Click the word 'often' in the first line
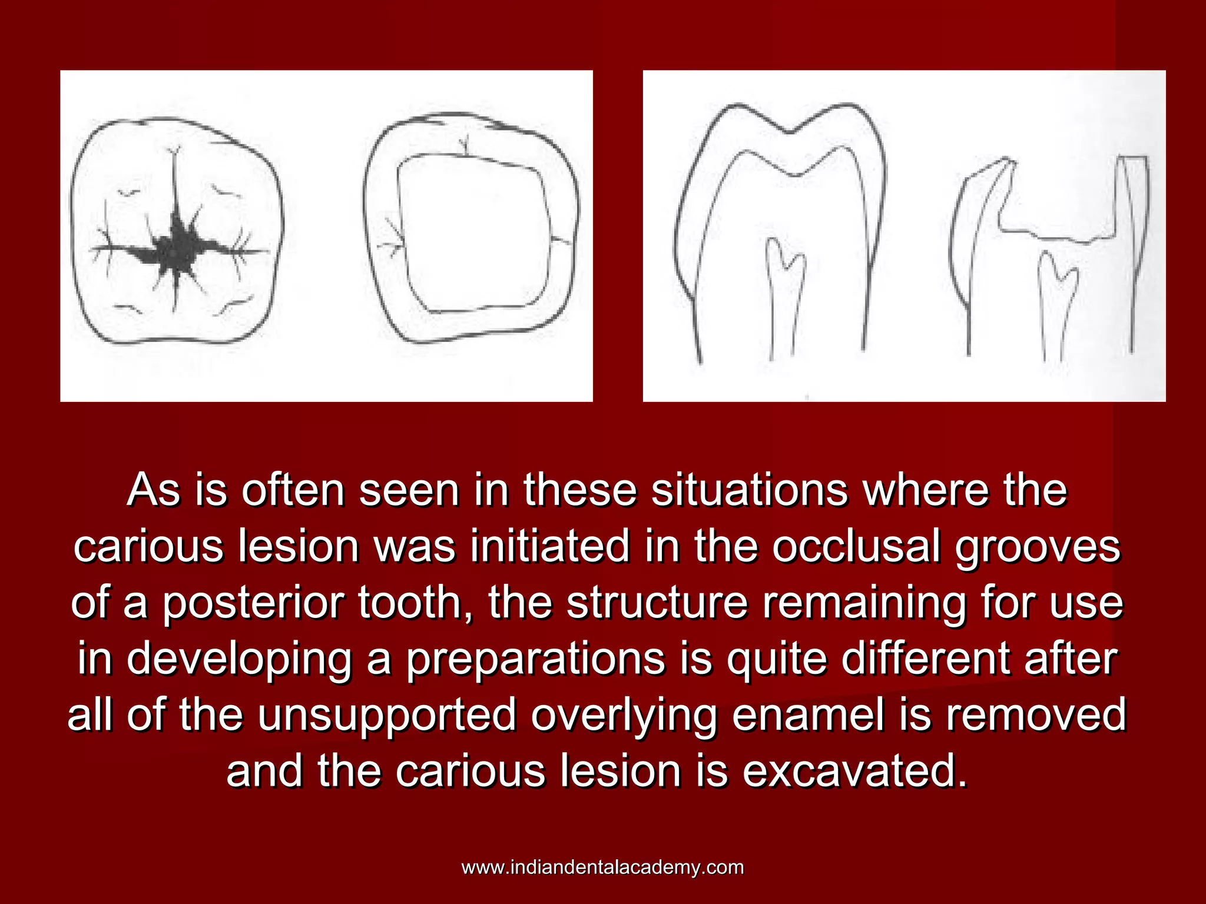(293, 490)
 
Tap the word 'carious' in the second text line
(148, 547)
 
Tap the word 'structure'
(657, 603)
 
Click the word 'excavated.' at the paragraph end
(854, 772)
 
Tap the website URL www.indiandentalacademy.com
(602, 868)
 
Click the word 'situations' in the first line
(749, 490)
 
